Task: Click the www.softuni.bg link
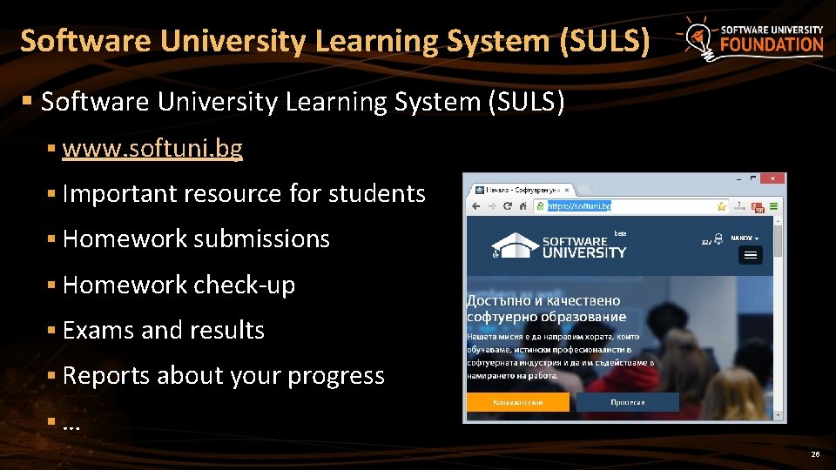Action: [152, 149]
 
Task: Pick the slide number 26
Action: [815, 454]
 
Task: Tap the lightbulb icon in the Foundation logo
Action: [699, 37]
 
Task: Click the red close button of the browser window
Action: [772, 178]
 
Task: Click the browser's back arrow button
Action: [475, 206]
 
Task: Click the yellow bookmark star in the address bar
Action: [721, 206]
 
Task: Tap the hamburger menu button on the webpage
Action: [750, 254]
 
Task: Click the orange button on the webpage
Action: [518, 402]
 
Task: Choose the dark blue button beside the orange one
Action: [627, 402]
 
